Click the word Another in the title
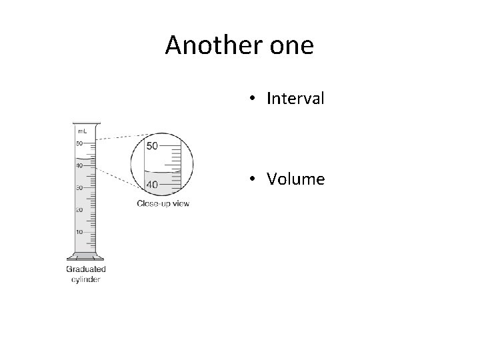pos(212,45)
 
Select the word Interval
pos(295,99)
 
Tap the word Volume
pos(295,179)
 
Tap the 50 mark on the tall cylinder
pos(79,143)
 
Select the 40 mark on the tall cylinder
pos(79,165)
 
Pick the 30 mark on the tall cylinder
pos(79,188)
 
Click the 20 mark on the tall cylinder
pos(79,210)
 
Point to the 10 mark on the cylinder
pos(79,232)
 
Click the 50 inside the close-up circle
pos(151,145)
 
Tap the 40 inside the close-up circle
pos(151,184)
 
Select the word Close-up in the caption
pos(154,203)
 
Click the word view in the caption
pos(181,203)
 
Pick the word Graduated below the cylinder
pos(85,269)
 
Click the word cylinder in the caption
pos(85,279)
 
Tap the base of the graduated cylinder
pos(85,256)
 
